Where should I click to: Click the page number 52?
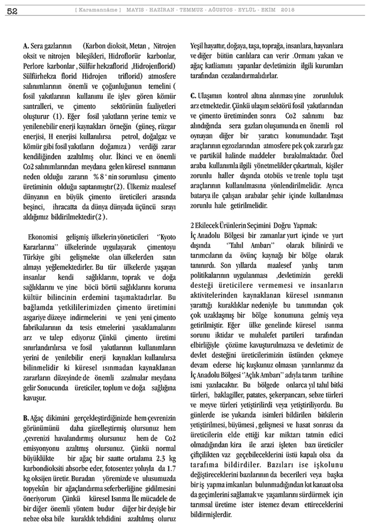pyautogui.click(x=12, y=10)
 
